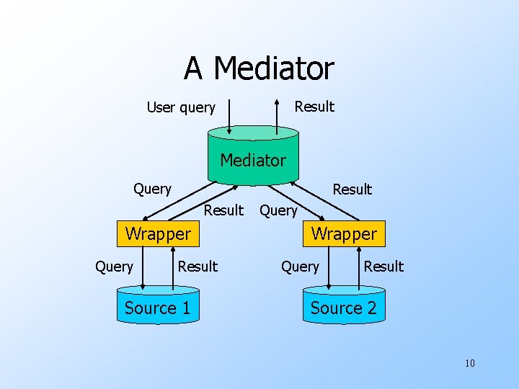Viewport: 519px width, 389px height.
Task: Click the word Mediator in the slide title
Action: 274,69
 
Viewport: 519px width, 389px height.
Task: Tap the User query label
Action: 181,107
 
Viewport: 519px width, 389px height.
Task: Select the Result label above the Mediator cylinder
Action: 314,107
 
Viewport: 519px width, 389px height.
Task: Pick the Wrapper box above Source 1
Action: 158,233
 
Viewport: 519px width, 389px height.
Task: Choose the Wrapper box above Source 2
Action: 344,233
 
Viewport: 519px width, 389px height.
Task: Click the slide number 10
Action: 469,362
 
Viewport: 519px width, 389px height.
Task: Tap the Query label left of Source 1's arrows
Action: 114,267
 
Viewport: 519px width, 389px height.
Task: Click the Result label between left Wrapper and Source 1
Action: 198,267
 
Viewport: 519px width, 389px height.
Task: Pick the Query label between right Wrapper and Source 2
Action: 300,267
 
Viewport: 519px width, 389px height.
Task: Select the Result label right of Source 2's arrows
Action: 383,267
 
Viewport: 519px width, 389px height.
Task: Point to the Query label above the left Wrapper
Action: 152,189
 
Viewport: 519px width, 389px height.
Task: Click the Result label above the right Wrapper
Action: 352,189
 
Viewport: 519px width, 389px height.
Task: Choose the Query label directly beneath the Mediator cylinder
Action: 278,210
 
